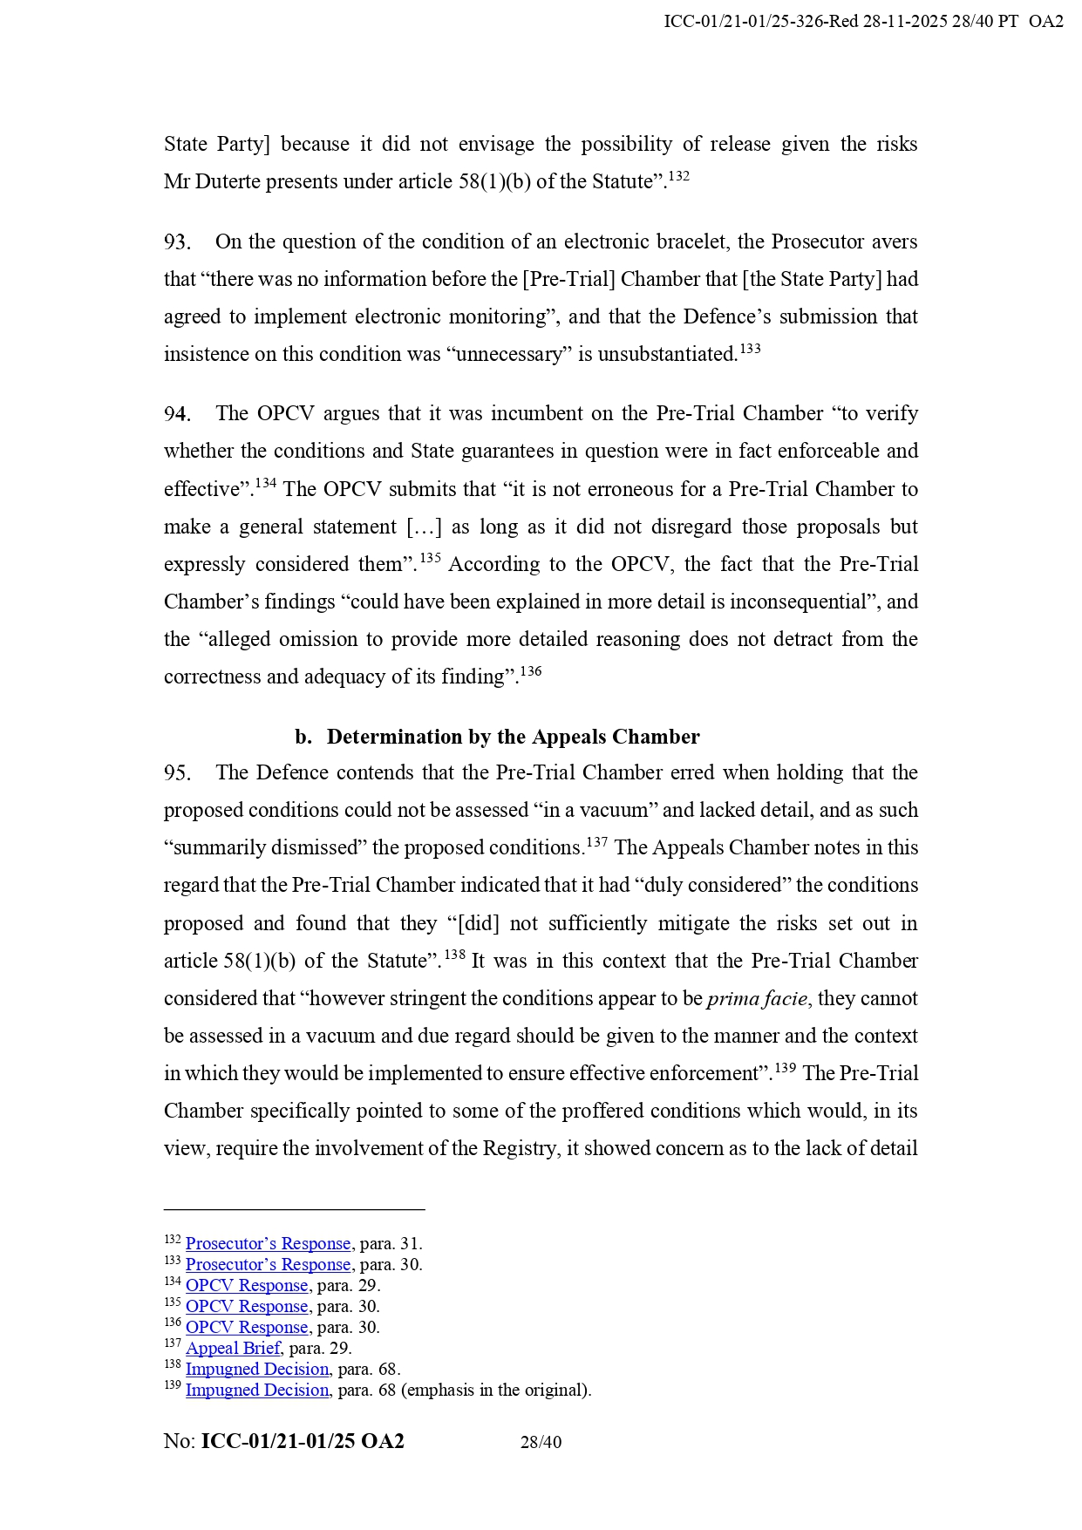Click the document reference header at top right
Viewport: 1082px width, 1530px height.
(x=863, y=22)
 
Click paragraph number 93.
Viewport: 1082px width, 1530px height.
(x=177, y=242)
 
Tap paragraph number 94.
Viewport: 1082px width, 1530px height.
(x=177, y=414)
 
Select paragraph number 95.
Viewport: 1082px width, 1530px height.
(x=177, y=773)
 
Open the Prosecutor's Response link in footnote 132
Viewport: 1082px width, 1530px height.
(x=268, y=1244)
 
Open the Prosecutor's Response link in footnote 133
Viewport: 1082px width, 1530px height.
(x=268, y=1265)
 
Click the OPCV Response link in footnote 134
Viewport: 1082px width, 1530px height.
(x=247, y=1286)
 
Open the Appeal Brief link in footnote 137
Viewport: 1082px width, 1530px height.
(x=233, y=1349)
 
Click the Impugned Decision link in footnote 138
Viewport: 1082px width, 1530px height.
(x=257, y=1370)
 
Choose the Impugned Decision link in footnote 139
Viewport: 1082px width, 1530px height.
(x=257, y=1391)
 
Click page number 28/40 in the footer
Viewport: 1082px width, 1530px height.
(x=541, y=1442)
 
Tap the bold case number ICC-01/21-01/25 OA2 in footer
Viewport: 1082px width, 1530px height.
(x=303, y=1441)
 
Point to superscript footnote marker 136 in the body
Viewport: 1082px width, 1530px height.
(x=531, y=671)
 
